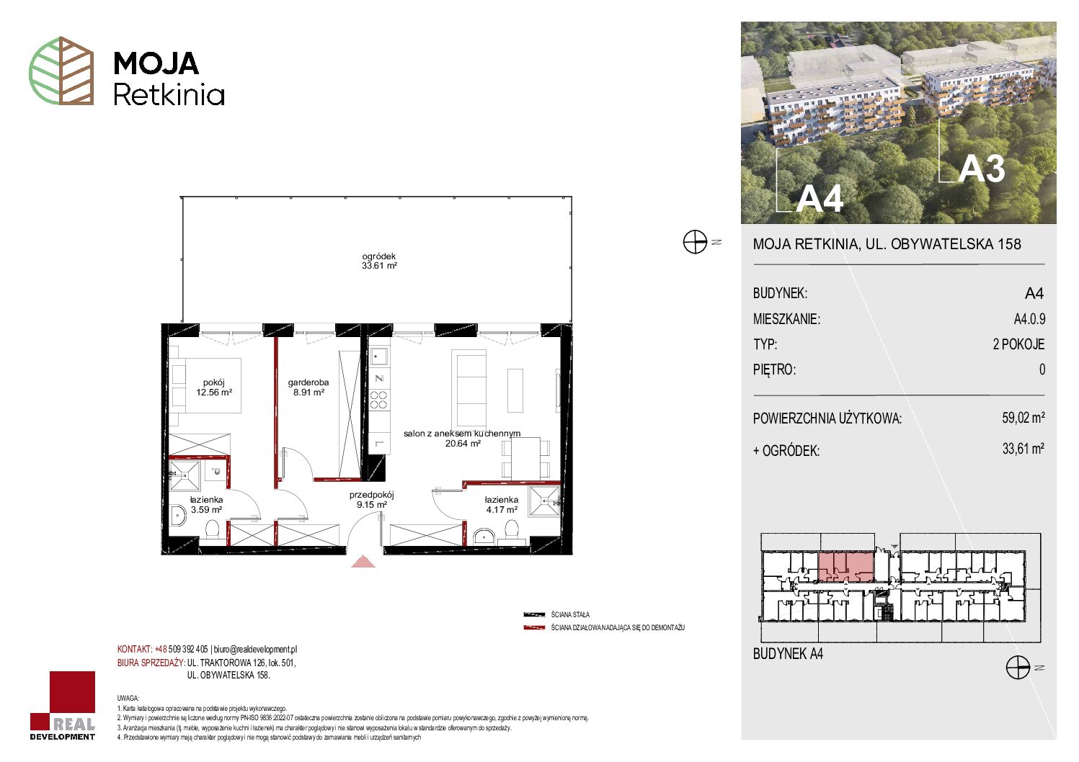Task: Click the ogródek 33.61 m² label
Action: [379, 261]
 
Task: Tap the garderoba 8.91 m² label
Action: [308, 387]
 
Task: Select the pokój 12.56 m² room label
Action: [214, 387]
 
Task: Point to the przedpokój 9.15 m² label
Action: [371, 500]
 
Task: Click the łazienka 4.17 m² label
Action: [502, 504]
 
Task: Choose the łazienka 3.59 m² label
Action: [206, 504]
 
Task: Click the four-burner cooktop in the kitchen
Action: [378, 400]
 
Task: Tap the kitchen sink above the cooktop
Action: [378, 357]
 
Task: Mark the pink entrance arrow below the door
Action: [363, 562]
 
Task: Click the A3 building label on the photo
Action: [981, 169]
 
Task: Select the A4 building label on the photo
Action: [819, 198]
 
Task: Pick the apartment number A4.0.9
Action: [1029, 319]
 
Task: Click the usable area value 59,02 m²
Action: [1023, 417]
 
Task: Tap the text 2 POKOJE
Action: [1018, 344]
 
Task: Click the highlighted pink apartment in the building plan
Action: [846, 567]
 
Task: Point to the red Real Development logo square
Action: [72, 694]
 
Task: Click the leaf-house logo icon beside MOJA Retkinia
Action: [61, 71]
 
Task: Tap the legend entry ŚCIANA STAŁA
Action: [570, 614]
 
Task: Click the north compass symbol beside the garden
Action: [695, 242]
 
